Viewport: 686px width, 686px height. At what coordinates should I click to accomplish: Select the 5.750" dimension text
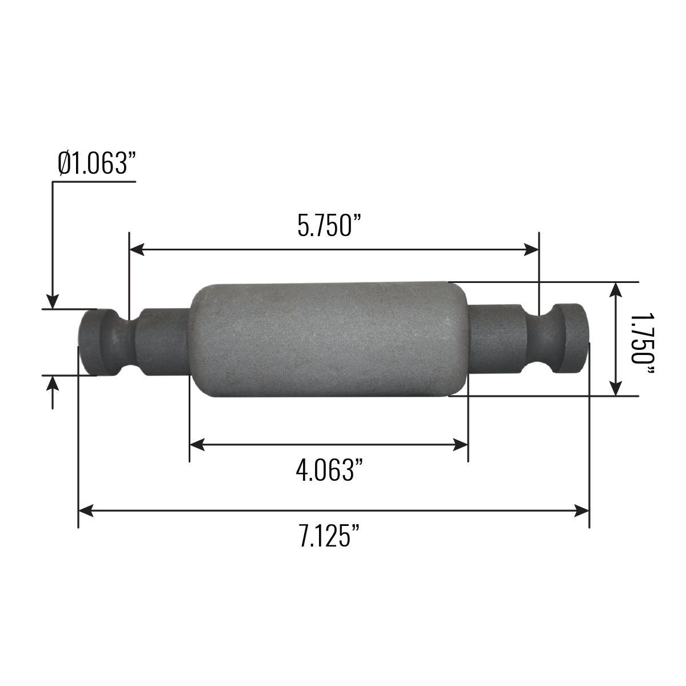click(x=330, y=225)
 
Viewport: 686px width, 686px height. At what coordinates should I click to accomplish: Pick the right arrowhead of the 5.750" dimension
click(x=532, y=249)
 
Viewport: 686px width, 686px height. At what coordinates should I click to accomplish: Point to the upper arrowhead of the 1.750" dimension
click(x=615, y=289)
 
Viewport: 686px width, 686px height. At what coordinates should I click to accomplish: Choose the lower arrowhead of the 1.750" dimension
click(x=615, y=388)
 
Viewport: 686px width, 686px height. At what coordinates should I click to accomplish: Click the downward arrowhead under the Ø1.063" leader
click(x=53, y=302)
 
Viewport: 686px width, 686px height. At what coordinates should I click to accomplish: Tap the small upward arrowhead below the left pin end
click(x=53, y=383)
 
